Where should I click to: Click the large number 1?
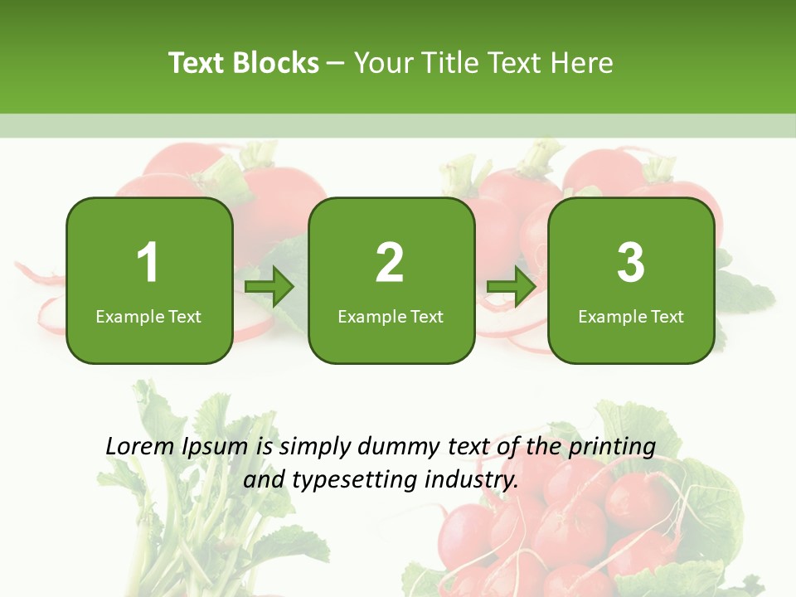click(148, 263)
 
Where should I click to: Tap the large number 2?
click(390, 263)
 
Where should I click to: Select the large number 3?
click(631, 263)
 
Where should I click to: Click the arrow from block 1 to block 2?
click(270, 287)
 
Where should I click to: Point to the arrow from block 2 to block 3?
click(512, 287)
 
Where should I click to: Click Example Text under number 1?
click(148, 316)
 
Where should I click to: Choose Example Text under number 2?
click(391, 316)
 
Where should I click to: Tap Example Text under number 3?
click(631, 316)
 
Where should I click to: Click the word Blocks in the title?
click(275, 63)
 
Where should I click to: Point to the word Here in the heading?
click(583, 63)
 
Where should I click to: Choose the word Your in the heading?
click(383, 63)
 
